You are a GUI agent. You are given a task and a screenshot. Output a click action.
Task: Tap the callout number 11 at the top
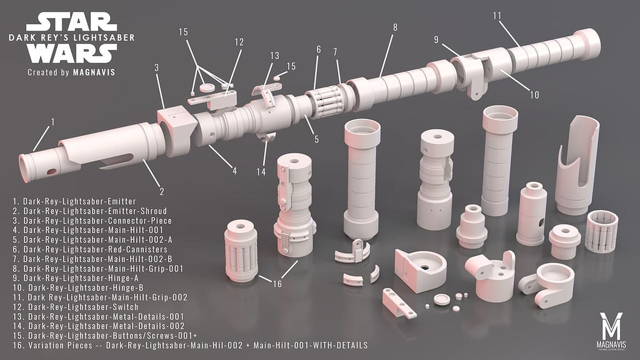[497, 16]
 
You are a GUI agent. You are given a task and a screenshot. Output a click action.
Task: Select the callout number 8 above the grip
[395, 27]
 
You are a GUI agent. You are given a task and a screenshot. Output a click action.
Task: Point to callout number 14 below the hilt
[261, 172]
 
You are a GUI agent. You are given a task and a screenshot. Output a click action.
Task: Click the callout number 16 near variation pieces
[277, 284]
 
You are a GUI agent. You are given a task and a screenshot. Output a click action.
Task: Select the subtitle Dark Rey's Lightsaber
[72, 38]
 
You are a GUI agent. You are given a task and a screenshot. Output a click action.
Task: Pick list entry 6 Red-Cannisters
[95, 249]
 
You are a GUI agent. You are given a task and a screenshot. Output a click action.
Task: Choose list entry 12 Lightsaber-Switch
[83, 307]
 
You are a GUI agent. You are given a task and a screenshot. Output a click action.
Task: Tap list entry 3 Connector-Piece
[97, 220]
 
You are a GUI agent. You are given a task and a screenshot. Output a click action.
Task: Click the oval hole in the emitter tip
[52, 172]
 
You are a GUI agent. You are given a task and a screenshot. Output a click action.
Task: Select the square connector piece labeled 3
[176, 124]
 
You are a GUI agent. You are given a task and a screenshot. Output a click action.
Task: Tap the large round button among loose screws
[440, 299]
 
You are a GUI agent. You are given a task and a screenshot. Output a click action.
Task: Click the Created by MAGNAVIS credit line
[71, 72]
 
